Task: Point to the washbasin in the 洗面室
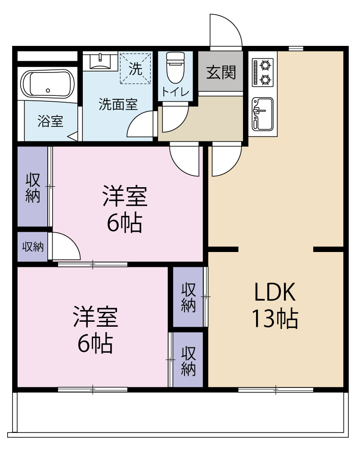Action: pos(99,61)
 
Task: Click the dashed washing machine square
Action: pos(135,68)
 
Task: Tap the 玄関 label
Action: pos(221,72)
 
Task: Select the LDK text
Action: pos(275,293)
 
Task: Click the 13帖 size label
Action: pos(275,319)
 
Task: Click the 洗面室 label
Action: pos(118,104)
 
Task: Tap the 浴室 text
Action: pos(50,121)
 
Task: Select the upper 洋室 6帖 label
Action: pos(125,209)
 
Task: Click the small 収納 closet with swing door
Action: pos(32,247)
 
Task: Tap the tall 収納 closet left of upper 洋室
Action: pos(32,187)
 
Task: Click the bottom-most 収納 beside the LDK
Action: pos(189,360)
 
